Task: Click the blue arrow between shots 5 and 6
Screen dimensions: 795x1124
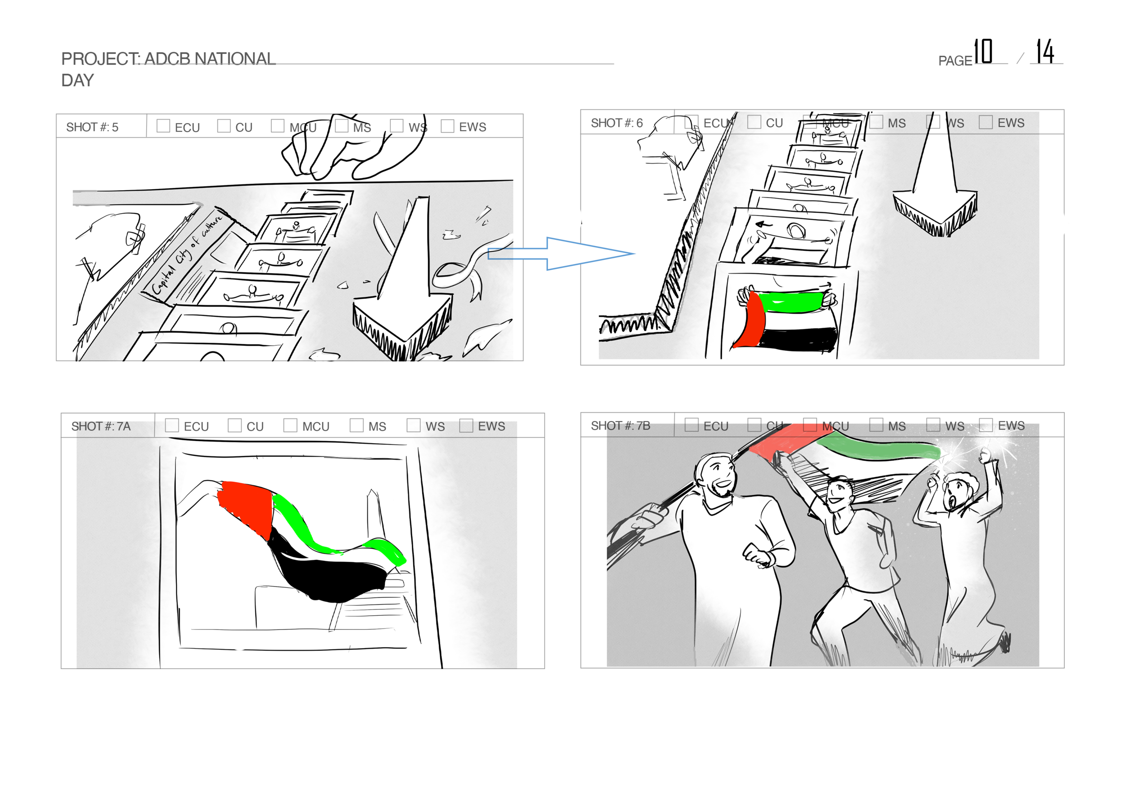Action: [563, 253]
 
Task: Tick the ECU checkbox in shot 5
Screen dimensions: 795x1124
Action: [163, 126]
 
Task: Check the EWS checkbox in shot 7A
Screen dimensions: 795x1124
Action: [466, 426]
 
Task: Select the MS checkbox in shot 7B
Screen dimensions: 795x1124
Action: [876, 425]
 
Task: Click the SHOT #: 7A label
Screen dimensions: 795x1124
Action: [101, 426]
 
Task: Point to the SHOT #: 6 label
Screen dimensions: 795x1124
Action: [616, 123]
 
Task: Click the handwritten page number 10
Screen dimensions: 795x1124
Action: [982, 51]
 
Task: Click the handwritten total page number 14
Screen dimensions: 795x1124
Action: [1045, 51]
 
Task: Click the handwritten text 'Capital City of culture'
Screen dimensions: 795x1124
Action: [186, 254]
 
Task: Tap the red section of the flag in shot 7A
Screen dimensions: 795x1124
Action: [245, 506]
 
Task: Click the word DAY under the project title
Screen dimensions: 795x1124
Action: [77, 80]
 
